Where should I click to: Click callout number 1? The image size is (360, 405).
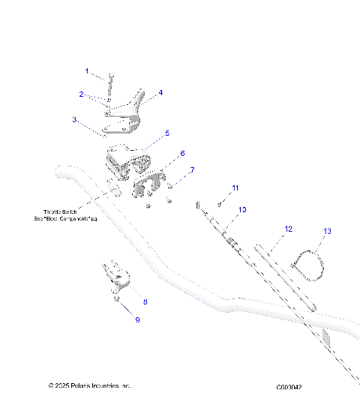[87, 71]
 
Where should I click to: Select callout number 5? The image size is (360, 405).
[166, 133]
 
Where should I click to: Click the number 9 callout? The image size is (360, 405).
[137, 319]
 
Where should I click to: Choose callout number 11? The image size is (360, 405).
[235, 187]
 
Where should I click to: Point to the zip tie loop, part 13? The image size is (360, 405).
[308, 264]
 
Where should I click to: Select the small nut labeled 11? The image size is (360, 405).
[220, 203]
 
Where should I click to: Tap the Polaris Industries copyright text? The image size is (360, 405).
[89, 385]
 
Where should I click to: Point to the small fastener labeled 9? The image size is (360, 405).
[118, 299]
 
